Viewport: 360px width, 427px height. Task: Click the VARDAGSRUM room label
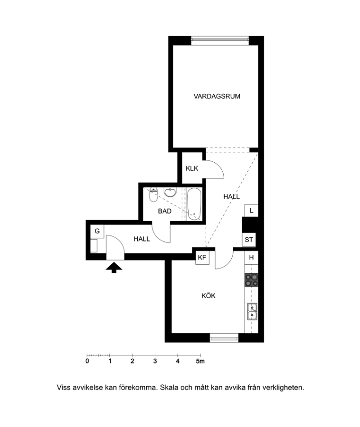[x=217, y=96]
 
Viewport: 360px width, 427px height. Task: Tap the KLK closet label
[x=192, y=168]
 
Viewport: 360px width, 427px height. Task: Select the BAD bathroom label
[x=165, y=211]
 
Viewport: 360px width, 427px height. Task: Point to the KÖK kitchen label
[x=208, y=296]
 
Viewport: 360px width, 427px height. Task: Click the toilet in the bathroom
[x=154, y=195]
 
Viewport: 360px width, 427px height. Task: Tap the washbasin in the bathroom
[x=171, y=192]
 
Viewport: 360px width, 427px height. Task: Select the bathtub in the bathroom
[x=194, y=204]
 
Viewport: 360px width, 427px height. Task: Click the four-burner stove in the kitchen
[x=251, y=280]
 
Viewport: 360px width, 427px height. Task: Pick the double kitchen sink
[x=252, y=311]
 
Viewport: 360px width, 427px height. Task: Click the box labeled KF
[x=202, y=257]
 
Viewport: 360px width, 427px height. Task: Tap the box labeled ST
[x=249, y=240]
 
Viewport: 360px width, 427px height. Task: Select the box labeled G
[x=97, y=231]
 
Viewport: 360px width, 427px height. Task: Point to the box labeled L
[x=251, y=211]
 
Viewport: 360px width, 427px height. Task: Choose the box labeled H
[x=251, y=257]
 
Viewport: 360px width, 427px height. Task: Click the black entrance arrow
[x=114, y=268]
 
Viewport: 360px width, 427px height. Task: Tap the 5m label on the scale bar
[x=200, y=362]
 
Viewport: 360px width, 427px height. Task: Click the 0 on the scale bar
[x=87, y=362]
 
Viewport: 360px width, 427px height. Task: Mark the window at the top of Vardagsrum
[x=220, y=40]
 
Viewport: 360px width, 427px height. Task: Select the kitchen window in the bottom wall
[x=224, y=338]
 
